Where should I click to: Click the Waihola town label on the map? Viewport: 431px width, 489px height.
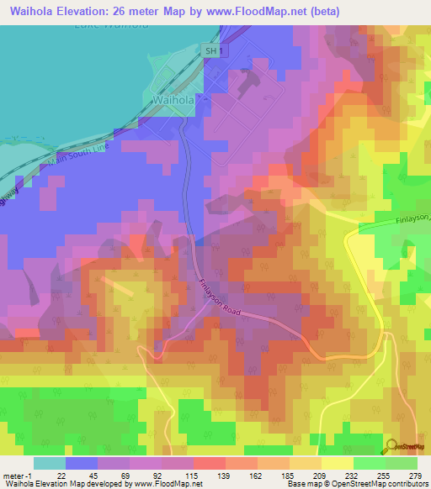174,99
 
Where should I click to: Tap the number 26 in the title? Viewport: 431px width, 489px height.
134,10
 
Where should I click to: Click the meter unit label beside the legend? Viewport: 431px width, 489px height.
16,475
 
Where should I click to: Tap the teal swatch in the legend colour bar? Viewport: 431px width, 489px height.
50,463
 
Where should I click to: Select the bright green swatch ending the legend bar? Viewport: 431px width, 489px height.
402,463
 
